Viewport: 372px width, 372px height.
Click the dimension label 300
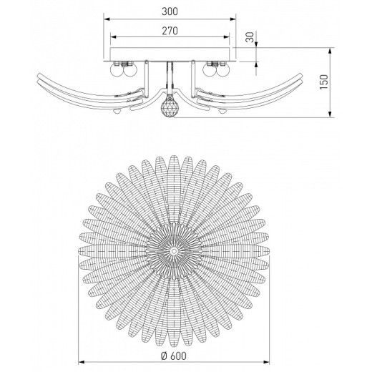(x=170, y=12)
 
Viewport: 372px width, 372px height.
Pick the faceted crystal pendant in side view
(x=169, y=107)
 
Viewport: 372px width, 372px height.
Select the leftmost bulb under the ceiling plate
(x=117, y=70)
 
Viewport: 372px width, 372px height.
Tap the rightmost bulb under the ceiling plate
(x=222, y=70)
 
